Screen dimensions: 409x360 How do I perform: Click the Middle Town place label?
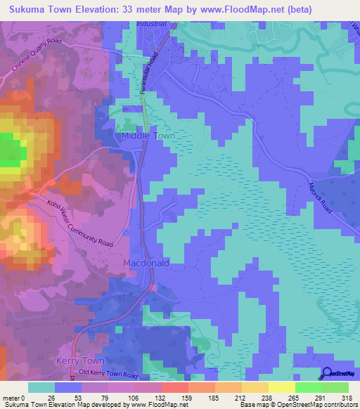pos(148,136)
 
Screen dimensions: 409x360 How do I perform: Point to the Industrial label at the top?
pos(152,24)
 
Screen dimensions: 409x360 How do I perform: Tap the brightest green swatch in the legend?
pos(309,387)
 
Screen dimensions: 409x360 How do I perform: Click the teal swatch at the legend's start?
pos(42,387)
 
